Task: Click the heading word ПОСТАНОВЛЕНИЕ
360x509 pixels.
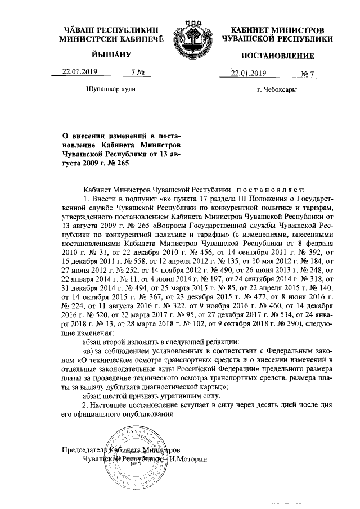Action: [277, 57]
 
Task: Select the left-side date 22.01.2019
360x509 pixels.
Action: [78, 73]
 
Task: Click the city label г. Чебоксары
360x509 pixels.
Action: [277, 89]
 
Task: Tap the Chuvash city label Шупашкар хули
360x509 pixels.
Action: [110, 89]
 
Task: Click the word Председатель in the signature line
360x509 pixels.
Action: [82, 450]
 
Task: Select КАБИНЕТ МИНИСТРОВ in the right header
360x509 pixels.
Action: [277, 29]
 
